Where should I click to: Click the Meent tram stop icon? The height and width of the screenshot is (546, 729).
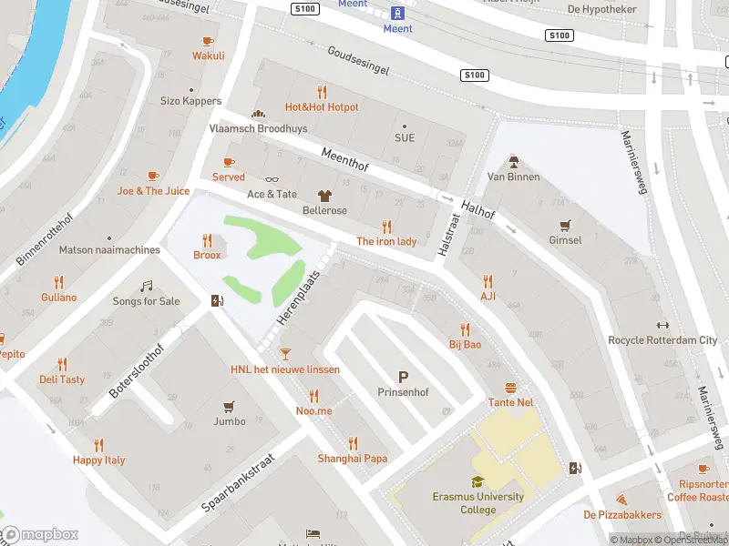tap(398, 12)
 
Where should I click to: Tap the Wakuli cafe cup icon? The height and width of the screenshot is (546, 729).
tap(208, 40)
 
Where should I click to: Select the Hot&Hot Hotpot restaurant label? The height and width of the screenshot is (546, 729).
tap(322, 106)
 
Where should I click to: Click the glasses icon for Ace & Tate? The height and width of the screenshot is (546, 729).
tap(272, 179)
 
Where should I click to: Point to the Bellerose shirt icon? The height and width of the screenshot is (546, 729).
tap(324, 196)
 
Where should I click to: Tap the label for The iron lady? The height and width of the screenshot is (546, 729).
tap(386, 241)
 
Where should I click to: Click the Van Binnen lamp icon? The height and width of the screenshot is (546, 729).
tap(513, 162)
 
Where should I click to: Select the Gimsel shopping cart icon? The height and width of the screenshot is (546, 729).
tap(565, 225)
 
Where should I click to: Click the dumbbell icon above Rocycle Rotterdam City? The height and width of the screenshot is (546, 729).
tap(662, 326)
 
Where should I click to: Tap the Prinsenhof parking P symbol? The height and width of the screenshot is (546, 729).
tap(401, 376)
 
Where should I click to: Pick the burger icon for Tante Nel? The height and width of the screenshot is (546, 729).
tap(510, 387)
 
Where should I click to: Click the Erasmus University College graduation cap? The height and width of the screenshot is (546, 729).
tap(477, 482)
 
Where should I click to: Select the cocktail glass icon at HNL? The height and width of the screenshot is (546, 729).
tap(285, 354)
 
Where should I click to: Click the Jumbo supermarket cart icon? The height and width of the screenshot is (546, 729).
tap(229, 406)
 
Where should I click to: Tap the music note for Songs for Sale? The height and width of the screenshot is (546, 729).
tap(146, 286)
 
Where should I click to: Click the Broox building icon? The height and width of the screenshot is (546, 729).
tap(207, 240)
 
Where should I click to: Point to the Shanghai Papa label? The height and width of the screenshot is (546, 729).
tap(352, 458)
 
